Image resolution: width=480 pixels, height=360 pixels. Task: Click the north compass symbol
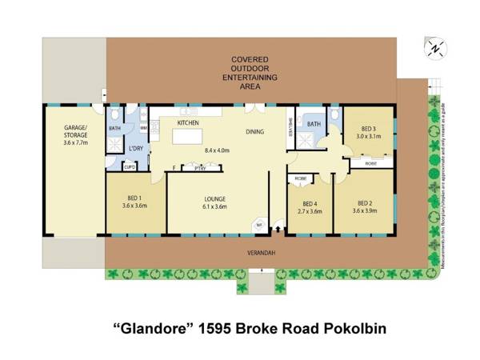click(435, 48)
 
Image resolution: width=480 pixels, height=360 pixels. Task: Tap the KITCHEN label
click(187, 123)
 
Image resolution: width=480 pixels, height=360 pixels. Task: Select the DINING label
click(255, 131)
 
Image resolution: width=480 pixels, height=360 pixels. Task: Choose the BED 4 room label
click(308, 202)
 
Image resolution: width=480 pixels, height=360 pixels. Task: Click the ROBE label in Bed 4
click(301, 178)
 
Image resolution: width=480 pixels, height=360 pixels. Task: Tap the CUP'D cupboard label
click(129, 167)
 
